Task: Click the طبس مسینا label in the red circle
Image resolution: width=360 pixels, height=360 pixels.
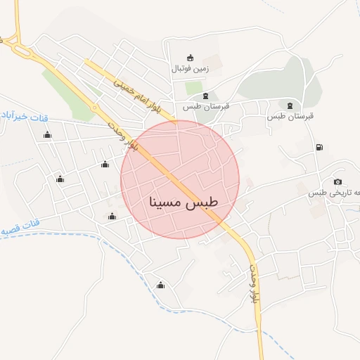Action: click(184, 202)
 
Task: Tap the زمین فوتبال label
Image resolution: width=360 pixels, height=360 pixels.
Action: click(190, 70)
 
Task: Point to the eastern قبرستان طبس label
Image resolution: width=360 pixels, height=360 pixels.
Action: click(289, 116)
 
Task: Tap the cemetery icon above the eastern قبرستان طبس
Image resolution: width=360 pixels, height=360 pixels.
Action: click(290, 105)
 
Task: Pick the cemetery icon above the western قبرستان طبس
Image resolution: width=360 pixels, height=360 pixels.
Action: click(205, 96)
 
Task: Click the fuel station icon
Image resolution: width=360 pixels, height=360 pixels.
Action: click(320, 147)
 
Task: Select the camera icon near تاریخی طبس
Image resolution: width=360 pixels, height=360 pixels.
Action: click(337, 182)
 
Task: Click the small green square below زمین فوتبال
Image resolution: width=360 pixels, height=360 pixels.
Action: click(193, 88)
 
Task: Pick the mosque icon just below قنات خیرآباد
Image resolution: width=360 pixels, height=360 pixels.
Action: click(47, 134)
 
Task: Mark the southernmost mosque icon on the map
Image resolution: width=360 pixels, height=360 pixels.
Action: click(161, 285)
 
